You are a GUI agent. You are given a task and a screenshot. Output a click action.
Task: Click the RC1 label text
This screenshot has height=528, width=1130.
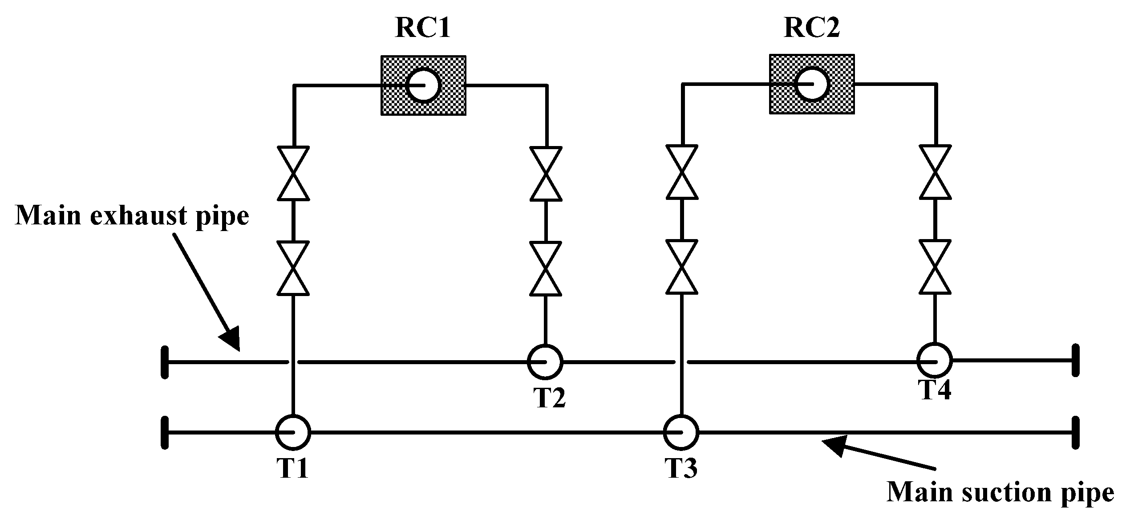(423, 28)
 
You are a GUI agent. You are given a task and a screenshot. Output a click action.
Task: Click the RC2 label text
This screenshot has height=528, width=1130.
(811, 28)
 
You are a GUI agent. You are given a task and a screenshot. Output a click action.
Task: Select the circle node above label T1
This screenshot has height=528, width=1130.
(292, 431)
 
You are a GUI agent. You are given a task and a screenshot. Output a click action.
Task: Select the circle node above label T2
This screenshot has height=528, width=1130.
(545, 361)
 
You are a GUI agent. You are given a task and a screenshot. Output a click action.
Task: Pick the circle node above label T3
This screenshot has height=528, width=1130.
(681, 431)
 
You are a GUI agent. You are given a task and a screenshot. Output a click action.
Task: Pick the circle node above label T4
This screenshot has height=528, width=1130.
(934, 360)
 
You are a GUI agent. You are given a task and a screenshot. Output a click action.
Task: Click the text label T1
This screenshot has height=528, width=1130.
(292, 468)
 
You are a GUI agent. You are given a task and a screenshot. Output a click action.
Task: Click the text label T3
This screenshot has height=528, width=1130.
(681, 468)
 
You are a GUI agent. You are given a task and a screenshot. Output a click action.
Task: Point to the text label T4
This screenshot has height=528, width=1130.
(935, 390)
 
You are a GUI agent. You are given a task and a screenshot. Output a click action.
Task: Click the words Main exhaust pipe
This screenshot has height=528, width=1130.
(132, 216)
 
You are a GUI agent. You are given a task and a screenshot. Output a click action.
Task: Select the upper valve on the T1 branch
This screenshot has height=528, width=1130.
(293, 173)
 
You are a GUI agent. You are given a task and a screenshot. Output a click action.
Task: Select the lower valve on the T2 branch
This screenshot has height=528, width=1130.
(545, 268)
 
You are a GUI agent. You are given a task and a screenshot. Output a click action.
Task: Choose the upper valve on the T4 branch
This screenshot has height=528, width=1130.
(935, 172)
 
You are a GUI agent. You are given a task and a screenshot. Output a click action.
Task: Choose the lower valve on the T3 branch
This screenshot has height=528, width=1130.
(681, 267)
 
